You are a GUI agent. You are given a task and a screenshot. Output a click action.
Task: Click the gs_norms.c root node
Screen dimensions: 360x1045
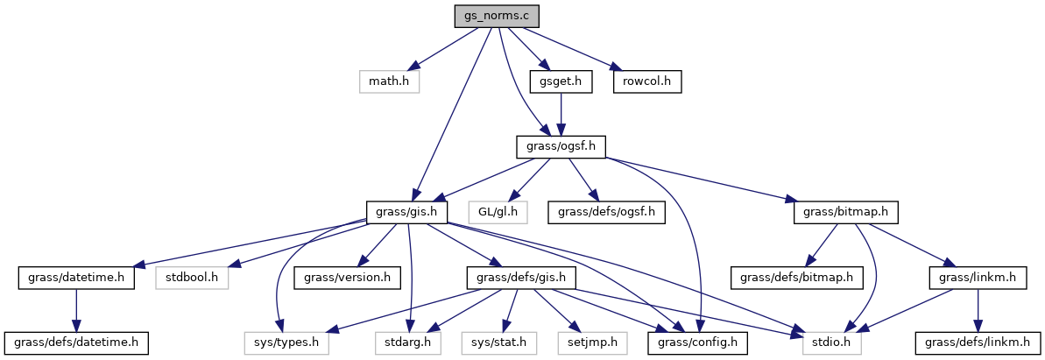click(x=496, y=17)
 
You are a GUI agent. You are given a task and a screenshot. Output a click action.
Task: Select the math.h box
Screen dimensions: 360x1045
click(x=389, y=81)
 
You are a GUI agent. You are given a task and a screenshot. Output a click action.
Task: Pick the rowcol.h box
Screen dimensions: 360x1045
click(x=647, y=81)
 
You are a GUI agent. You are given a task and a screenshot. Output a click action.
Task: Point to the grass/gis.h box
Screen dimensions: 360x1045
click(x=407, y=211)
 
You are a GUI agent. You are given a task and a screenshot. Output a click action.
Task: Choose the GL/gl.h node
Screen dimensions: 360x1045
click(x=498, y=211)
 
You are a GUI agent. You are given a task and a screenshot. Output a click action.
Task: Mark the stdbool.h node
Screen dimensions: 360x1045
click(x=191, y=277)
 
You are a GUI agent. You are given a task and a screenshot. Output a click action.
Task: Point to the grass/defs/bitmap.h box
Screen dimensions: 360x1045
click(x=797, y=277)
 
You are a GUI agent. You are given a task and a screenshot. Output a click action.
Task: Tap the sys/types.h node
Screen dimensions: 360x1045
click(x=286, y=342)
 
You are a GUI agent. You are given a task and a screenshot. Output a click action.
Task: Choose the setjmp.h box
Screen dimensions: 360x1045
click(x=591, y=342)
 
